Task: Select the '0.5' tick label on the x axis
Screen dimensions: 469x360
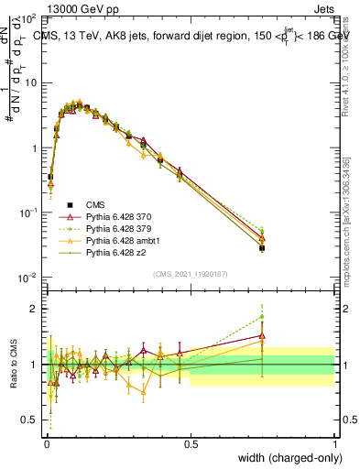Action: (191, 442)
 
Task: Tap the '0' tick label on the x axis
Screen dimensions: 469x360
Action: (47, 442)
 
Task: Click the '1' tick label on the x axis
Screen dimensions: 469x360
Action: (334, 442)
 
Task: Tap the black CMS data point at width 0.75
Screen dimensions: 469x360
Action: (262, 247)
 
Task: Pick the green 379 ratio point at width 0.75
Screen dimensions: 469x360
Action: (262, 317)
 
